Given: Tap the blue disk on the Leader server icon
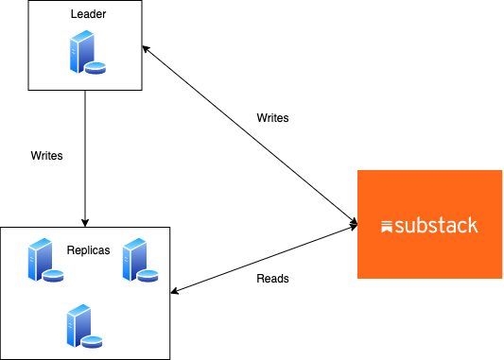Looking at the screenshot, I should tap(96, 68).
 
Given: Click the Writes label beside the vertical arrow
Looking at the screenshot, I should tap(46, 155).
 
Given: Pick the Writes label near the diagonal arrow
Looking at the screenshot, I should tap(272, 118).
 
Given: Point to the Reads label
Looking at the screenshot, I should tap(272, 279).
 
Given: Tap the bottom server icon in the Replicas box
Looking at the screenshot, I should tap(81, 326).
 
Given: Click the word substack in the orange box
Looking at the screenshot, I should tap(436, 226).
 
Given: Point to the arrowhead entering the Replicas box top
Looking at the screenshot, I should tap(85, 222).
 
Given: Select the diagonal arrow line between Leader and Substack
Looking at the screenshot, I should tap(251, 135).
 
